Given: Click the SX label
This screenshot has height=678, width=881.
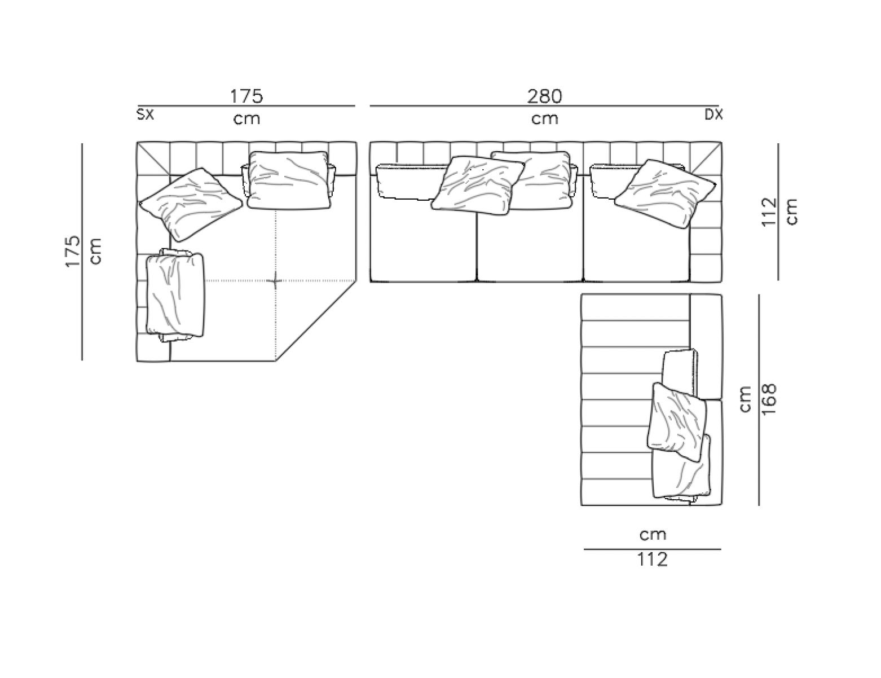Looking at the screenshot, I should click(145, 115).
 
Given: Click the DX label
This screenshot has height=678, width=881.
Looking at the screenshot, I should click(713, 115).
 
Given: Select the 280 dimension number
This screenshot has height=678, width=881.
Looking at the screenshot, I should click(545, 96).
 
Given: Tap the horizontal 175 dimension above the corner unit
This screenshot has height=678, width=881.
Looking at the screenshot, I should click(246, 96).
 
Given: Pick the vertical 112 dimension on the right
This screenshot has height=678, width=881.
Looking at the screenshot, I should click(769, 212).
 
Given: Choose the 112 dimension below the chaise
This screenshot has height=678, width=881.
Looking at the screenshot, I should click(653, 560).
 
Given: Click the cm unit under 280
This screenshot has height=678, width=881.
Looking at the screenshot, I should click(545, 118).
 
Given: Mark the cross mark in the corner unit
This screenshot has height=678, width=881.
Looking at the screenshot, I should click(276, 280).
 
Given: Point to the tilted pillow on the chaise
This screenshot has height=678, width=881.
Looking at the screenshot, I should click(677, 419).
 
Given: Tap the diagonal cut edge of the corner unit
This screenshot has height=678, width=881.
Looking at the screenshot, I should click(316, 320).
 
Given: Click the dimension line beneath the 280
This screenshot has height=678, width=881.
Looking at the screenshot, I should click(545, 106).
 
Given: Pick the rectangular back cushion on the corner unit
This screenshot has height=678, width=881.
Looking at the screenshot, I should click(288, 179).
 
